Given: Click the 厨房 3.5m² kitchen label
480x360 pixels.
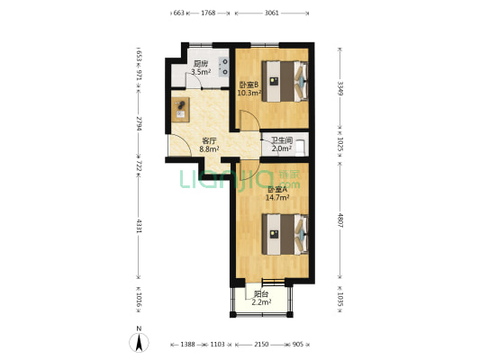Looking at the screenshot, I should [200, 67].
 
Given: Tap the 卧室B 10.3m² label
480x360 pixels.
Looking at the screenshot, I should [248, 88].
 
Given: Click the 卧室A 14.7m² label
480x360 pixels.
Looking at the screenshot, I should [276, 193].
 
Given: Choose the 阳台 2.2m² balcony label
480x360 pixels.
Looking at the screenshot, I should [261, 298].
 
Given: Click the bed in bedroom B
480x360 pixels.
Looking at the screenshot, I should [285, 81].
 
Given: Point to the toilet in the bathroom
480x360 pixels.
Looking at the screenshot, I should [303, 143].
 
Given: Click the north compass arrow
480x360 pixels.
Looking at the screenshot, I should [138, 340].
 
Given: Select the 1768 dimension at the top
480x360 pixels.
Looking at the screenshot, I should [208, 13].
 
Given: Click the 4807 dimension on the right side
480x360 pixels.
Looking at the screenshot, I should [340, 221].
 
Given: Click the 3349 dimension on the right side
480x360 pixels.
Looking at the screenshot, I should [340, 87].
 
